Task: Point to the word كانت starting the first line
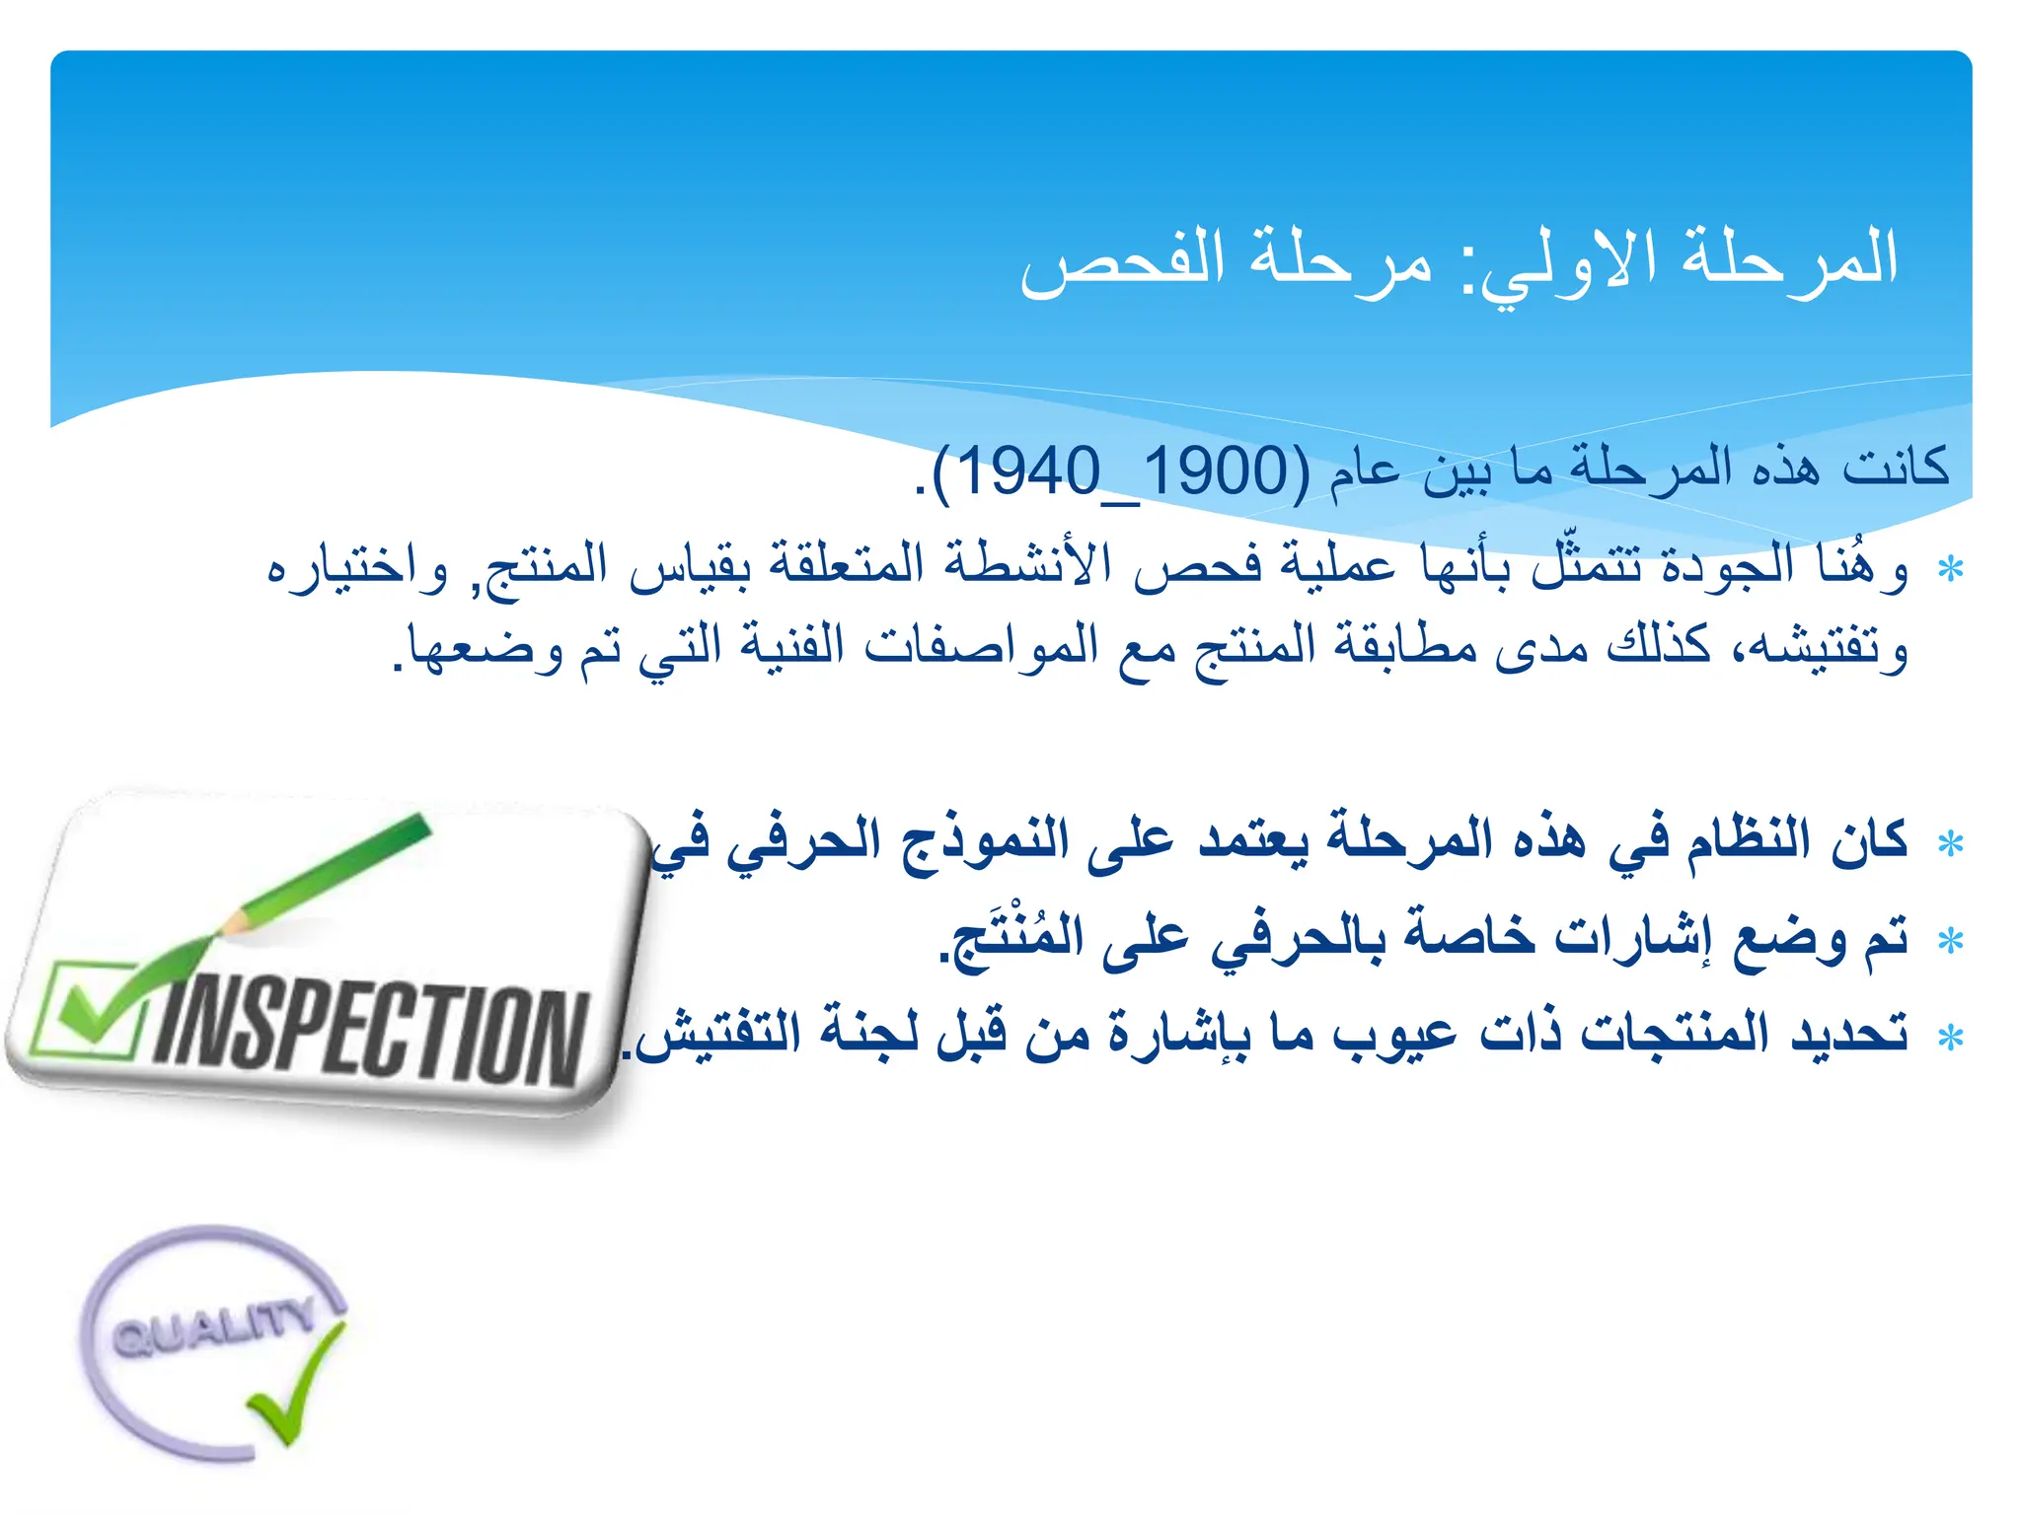pyautogui.click(x=1896, y=466)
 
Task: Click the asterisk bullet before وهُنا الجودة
pyautogui.click(x=1950, y=570)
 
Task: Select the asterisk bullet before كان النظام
pyautogui.click(x=1950, y=844)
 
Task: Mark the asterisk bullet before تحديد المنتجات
pyautogui.click(x=1950, y=1038)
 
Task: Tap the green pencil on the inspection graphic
pyautogui.click(x=326, y=873)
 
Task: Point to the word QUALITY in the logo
pyautogui.click(x=212, y=1327)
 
